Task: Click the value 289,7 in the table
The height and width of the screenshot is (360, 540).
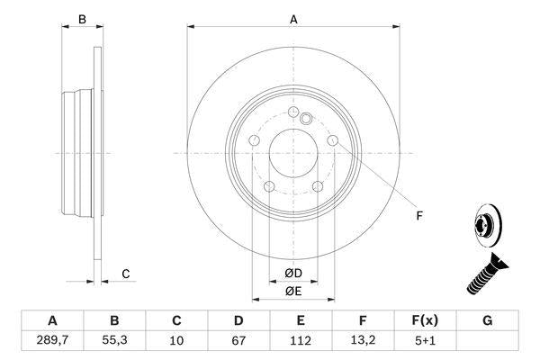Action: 52,341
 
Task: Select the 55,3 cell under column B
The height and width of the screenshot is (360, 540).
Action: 114,341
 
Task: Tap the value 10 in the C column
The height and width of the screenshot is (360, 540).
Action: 177,341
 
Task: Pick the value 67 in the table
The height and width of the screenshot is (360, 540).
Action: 239,341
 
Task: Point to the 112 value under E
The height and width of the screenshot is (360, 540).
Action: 301,341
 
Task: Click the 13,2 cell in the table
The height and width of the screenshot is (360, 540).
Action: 364,341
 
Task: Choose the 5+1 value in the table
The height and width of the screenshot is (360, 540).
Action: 426,341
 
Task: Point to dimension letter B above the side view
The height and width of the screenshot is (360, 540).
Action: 81,19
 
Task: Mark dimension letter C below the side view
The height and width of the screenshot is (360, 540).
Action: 126,274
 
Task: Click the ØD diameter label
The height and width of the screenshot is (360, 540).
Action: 293,274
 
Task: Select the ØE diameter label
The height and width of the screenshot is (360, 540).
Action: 293,291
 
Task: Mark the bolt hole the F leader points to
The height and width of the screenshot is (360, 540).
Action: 333,141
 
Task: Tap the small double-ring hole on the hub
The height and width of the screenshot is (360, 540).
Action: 306,118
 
